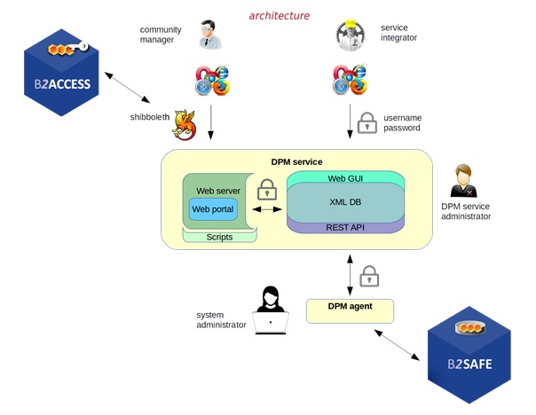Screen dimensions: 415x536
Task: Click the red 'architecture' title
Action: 280,15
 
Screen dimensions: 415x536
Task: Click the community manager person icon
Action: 209,35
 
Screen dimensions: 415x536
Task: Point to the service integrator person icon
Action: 351,35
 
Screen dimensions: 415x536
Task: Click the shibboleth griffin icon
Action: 185,125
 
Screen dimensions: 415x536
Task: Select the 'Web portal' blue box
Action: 213,209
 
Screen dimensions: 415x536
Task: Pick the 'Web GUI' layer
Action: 345,178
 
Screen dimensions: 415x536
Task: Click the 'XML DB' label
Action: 345,201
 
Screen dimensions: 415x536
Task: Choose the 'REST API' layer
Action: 345,227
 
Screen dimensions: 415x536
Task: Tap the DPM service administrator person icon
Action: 464,181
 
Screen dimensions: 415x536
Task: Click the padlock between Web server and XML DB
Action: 265,190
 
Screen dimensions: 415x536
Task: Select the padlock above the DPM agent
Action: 369,277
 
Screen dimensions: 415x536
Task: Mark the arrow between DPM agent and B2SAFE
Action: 398,344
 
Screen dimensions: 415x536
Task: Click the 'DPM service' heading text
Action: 296,161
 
